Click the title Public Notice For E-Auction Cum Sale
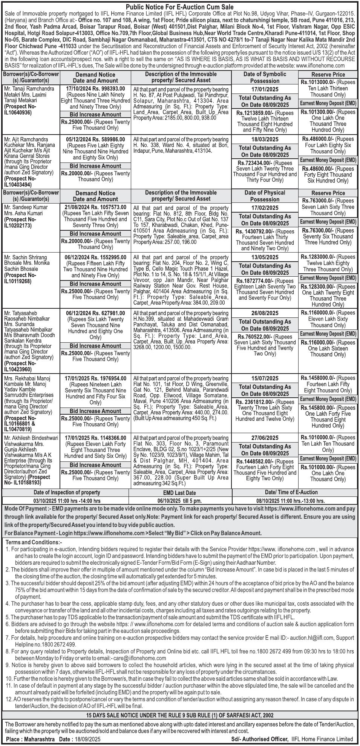click(179, 7)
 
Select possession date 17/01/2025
click(265, 89)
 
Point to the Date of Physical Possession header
click(265, 196)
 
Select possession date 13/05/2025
click(265, 257)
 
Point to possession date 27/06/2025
click(265, 438)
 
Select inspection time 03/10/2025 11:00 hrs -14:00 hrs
click(67, 501)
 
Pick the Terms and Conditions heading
click(34, 542)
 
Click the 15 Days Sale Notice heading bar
click(180, 715)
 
